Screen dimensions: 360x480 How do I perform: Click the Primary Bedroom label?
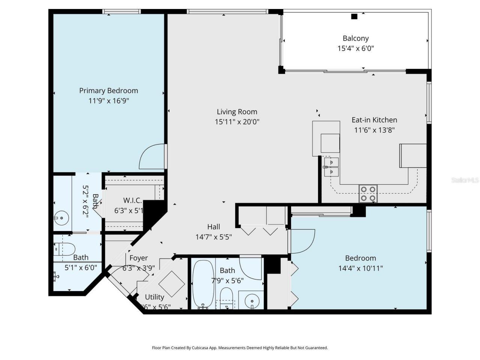(108, 90)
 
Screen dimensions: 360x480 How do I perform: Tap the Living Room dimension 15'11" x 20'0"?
(237, 121)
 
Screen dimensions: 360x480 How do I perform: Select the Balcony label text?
(355, 38)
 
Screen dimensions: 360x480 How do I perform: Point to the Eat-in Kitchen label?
(374, 120)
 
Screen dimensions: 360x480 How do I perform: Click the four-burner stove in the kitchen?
(367, 194)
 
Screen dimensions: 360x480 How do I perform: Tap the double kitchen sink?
(331, 167)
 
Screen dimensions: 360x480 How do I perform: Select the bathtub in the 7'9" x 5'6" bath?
(203, 284)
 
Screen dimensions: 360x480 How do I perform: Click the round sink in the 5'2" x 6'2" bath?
(60, 217)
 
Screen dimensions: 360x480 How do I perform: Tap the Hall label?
(213, 227)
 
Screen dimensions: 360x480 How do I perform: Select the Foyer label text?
(138, 258)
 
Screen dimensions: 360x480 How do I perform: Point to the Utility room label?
(154, 297)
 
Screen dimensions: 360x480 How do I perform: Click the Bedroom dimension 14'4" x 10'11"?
(360, 268)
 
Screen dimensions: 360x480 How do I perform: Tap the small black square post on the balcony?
(354, 16)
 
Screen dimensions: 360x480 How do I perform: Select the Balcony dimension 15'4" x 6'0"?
(355, 48)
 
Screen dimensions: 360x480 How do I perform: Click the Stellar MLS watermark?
(465, 180)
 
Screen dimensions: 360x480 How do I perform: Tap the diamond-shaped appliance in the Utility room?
(171, 284)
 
